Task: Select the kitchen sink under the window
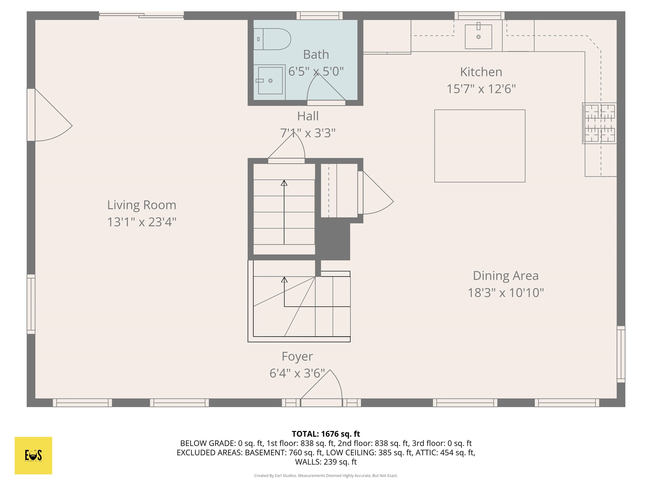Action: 478,37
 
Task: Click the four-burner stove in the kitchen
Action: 600,123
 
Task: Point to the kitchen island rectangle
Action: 480,146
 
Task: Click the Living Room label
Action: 142,205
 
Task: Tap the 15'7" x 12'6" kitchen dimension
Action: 481,89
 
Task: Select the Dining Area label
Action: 506,276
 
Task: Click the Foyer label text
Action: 297,356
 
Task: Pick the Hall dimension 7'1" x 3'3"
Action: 308,133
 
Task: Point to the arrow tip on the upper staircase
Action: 284,183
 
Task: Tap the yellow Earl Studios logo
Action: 33,455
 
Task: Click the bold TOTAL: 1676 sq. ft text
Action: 326,434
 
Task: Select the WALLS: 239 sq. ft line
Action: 326,462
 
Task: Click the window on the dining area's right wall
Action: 621,354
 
